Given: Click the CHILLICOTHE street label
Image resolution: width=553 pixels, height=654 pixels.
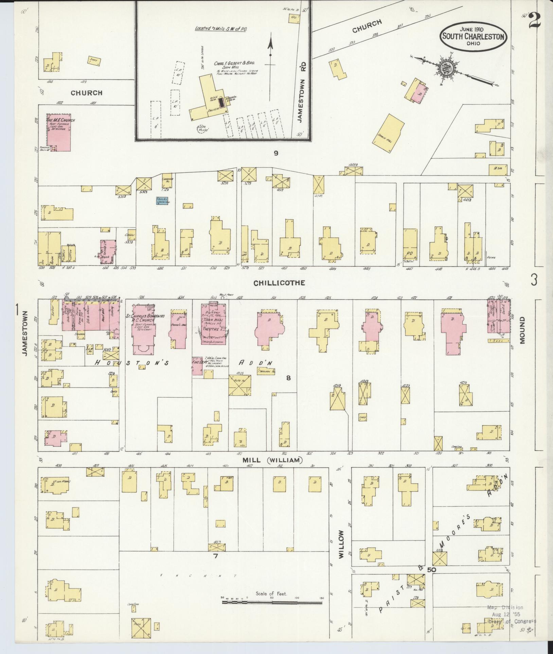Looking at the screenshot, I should (x=279, y=282).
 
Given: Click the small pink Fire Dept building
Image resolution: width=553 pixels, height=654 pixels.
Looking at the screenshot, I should (x=197, y=366).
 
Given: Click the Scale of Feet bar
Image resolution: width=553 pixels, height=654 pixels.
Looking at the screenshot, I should (x=272, y=365).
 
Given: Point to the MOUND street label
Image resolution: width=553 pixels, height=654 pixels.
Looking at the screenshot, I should (x=522, y=330).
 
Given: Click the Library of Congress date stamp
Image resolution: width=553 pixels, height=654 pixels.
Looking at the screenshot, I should (x=510, y=615).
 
